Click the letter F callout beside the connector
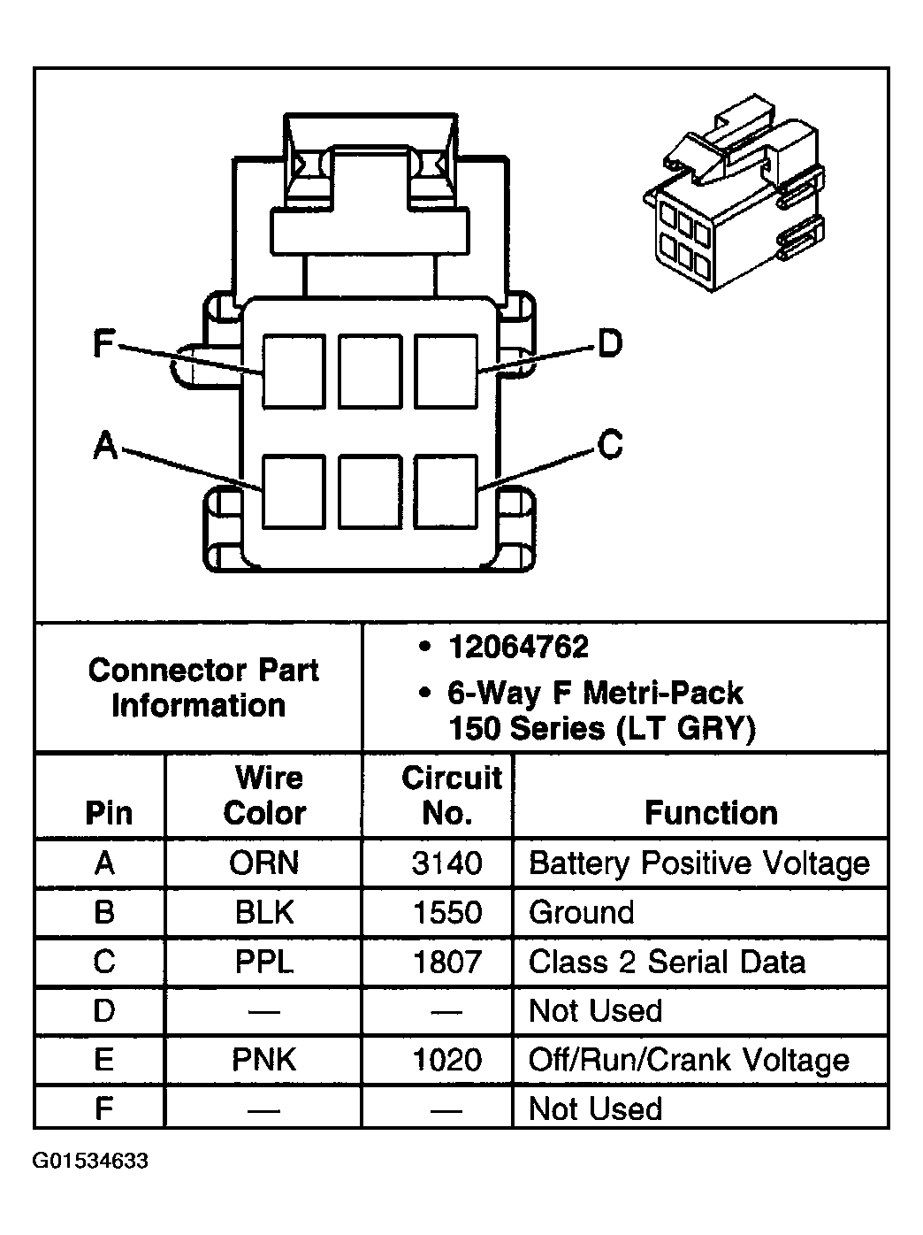pyautogui.click(x=104, y=343)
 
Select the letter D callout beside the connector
pyautogui.click(x=610, y=343)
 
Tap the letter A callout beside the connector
pyautogui.click(x=106, y=446)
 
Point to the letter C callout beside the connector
pyautogui.click(x=610, y=444)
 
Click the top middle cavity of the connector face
pyautogui.click(x=370, y=371)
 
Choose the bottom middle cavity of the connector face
pyautogui.click(x=370, y=491)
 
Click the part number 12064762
pyautogui.click(x=518, y=648)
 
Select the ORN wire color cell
pyautogui.click(x=263, y=863)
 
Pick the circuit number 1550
pyautogui.click(x=446, y=912)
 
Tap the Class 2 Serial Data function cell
pyautogui.click(x=667, y=962)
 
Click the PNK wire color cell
pyautogui.click(x=263, y=1060)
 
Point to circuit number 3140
pyautogui.click(x=446, y=863)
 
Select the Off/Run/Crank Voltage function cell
pyautogui.click(x=689, y=1060)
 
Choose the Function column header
pyautogui.click(x=711, y=812)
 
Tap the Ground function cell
pyautogui.click(x=581, y=912)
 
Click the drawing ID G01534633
pyautogui.click(x=91, y=1161)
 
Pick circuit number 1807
pyautogui.click(x=446, y=962)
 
